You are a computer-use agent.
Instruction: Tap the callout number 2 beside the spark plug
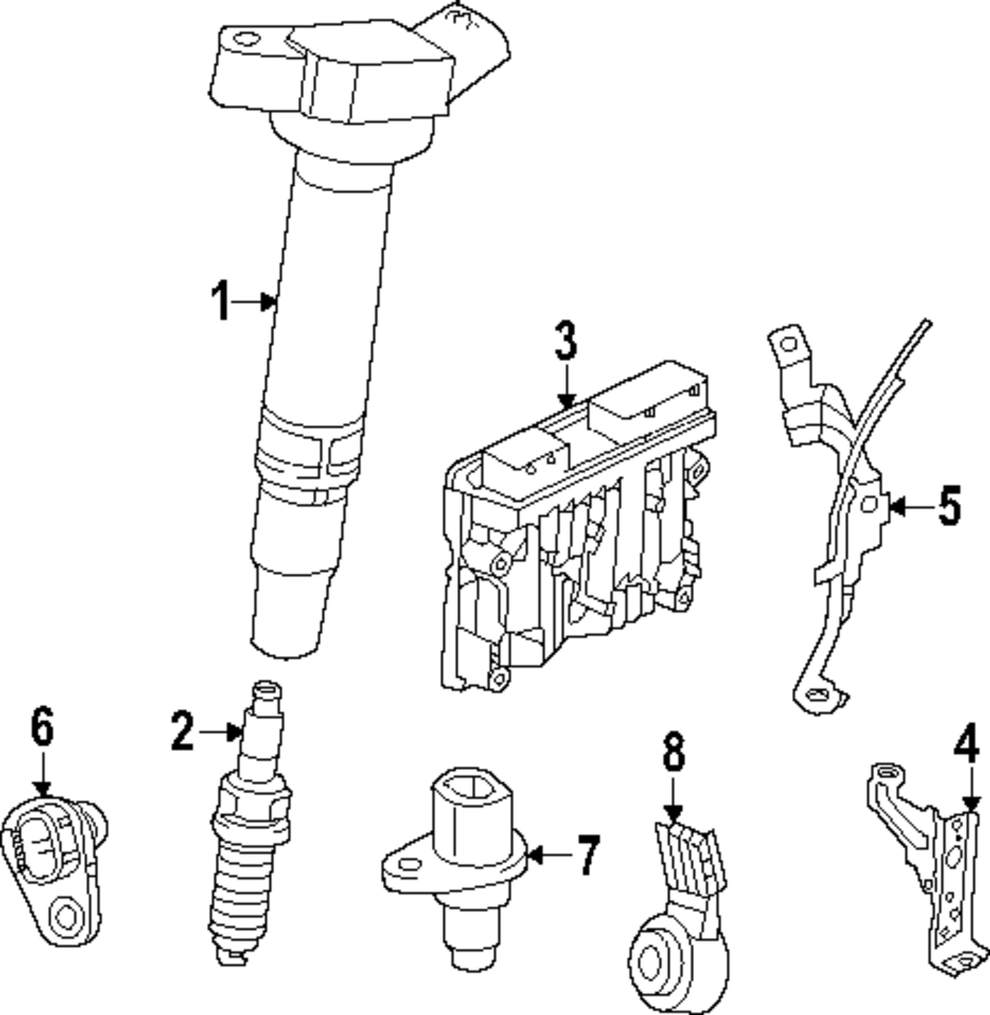181,733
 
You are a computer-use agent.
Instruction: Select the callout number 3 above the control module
564,342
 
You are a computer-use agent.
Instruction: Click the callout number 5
948,507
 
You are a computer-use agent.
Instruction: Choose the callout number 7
588,855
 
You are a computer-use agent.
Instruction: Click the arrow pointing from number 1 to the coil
260,301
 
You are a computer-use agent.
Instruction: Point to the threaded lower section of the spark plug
236,900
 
